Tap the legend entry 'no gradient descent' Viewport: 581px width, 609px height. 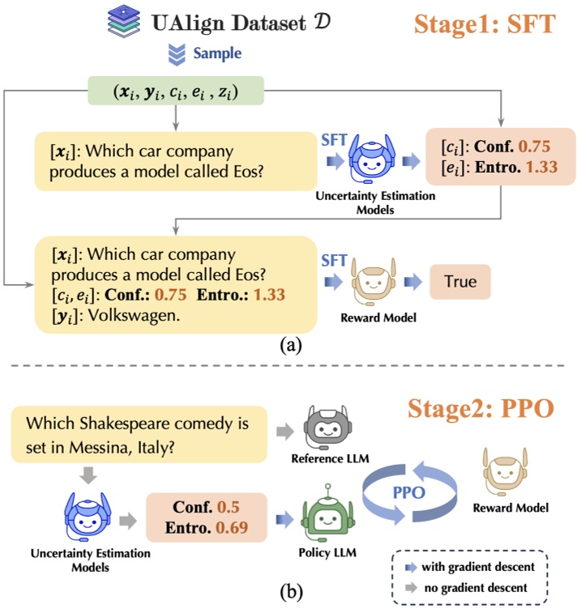[493, 586]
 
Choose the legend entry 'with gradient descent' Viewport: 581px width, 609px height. [495, 566]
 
